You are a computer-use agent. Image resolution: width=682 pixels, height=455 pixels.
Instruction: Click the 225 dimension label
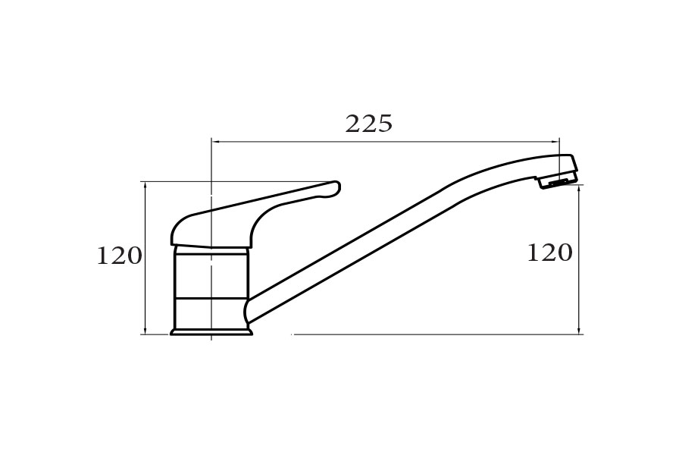pyautogui.click(x=369, y=124)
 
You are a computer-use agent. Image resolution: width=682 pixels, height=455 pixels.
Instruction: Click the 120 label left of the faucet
pyautogui.click(x=119, y=256)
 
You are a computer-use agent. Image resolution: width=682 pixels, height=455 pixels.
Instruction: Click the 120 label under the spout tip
pyautogui.click(x=550, y=253)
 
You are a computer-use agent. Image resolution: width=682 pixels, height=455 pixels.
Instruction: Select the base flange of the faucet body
pyautogui.click(x=211, y=332)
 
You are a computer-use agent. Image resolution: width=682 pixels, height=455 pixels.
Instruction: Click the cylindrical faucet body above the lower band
pyautogui.click(x=211, y=273)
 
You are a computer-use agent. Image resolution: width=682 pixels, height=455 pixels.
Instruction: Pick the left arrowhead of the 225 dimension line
pyautogui.click(x=214, y=142)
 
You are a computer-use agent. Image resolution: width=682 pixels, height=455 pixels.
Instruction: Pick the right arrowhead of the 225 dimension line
pyautogui.click(x=556, y=142)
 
